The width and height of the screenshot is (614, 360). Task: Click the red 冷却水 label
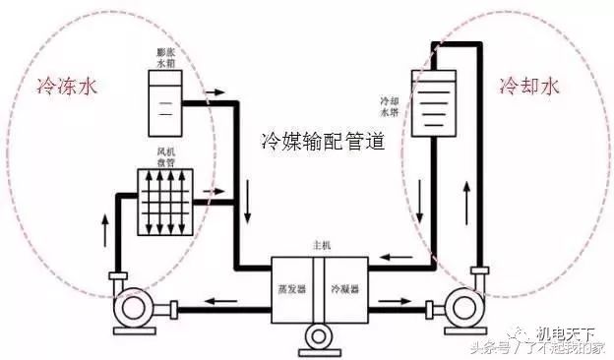point(528,87)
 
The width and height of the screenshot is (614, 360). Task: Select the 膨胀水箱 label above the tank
point(162,58)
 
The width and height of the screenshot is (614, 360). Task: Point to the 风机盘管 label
point(165,157)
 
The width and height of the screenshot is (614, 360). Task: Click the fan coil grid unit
point(164,205)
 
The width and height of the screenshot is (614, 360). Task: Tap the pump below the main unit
point(317,337)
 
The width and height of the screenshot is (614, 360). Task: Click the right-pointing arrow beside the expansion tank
point(214,96)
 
